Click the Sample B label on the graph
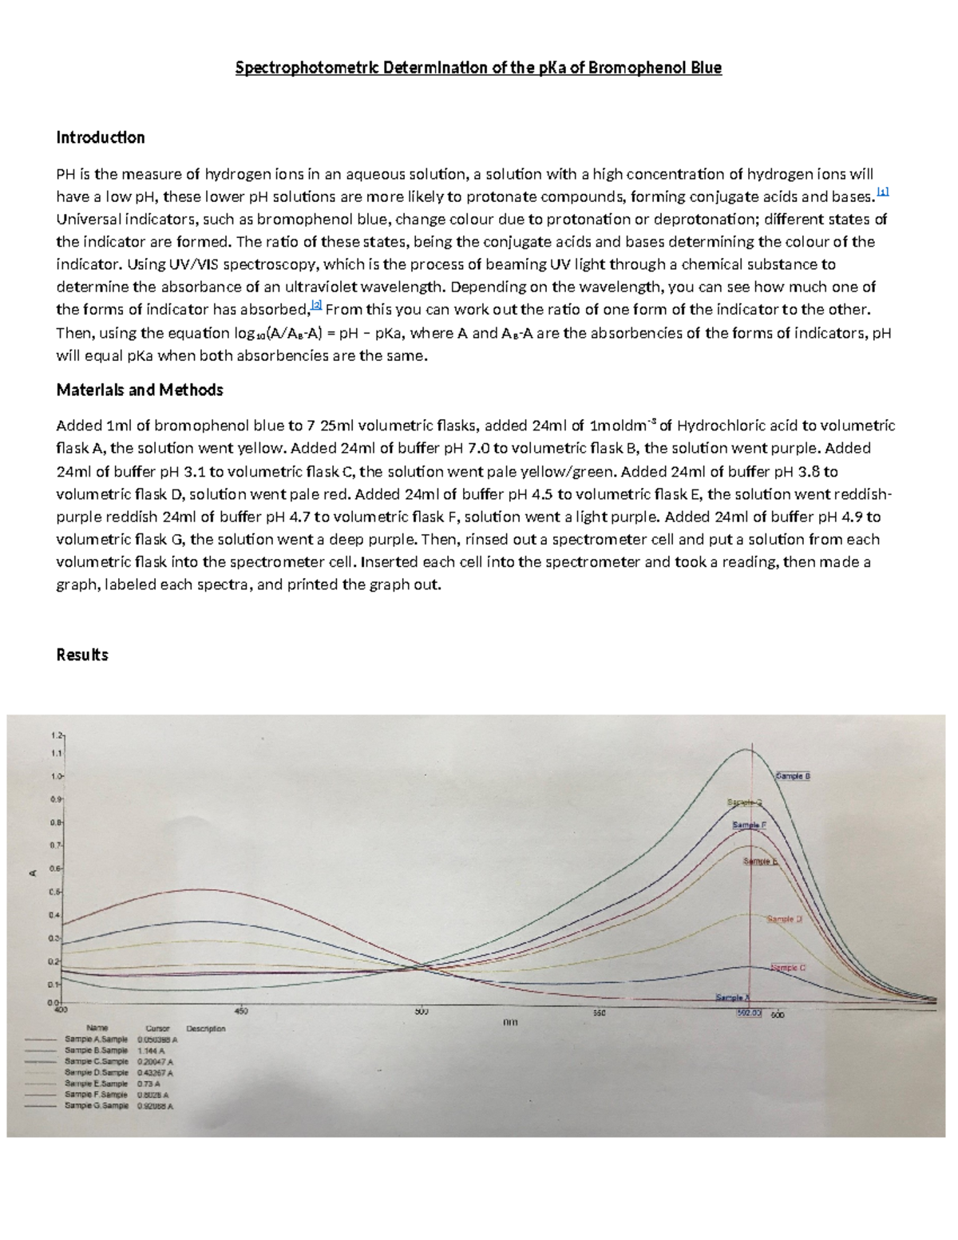793,775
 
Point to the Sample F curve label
749,824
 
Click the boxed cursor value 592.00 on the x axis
749,1014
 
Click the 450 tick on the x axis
241,1011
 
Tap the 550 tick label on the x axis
599,1013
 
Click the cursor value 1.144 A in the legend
151,1052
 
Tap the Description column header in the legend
205,1028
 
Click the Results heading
82,655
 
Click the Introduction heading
101,137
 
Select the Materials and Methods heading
140,390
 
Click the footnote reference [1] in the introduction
882,192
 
